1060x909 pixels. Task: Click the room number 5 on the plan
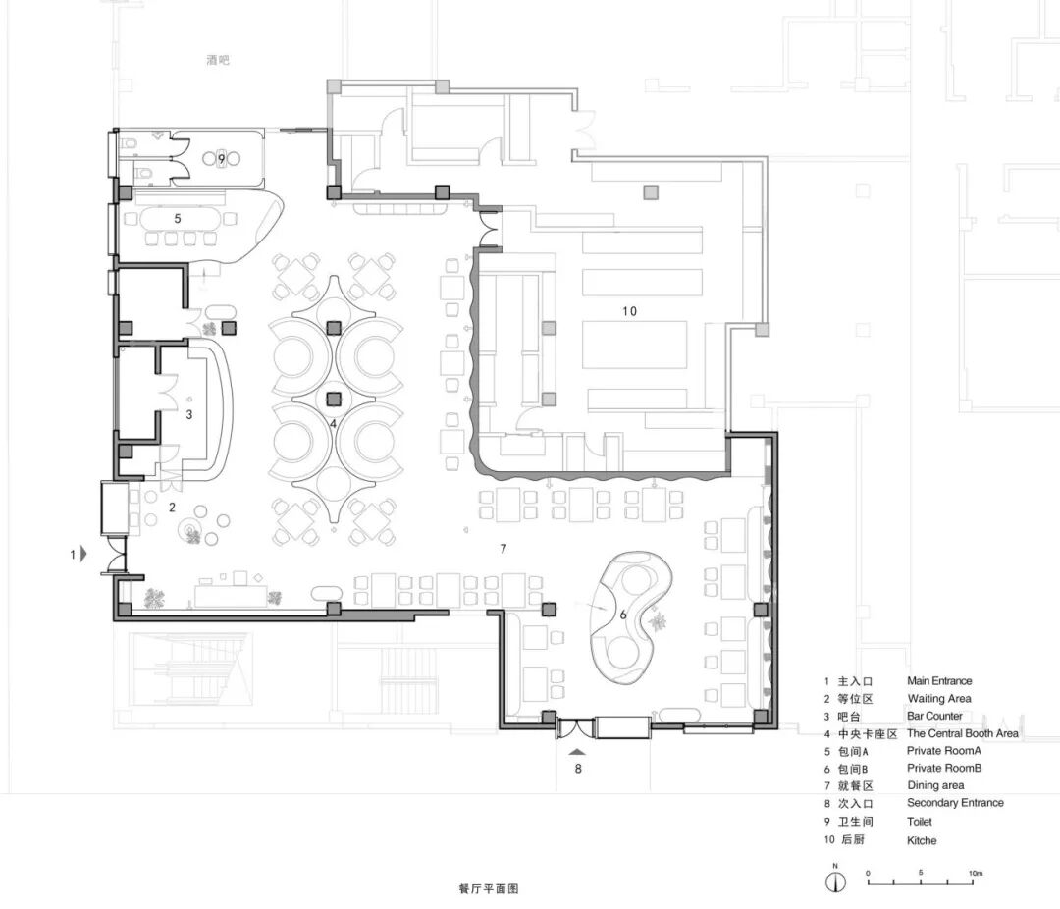[178, 219]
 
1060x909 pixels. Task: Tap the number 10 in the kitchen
[629, 311]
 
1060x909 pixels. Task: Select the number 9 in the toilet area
[221, 159]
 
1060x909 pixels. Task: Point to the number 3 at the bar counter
[189, 414]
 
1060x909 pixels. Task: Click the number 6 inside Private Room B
[623, 615]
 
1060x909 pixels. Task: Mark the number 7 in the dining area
[503, 549]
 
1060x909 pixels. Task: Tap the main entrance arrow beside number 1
[83, 554]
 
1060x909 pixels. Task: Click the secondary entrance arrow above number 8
[577, 751]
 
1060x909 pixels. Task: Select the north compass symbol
[836, 881]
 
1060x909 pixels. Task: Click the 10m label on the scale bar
[975, 873]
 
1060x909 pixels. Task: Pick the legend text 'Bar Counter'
[934, 716]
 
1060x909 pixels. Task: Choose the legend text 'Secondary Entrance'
[955, 803]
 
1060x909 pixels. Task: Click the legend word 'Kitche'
[922, 840]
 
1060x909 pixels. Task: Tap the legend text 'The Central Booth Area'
[962, 733]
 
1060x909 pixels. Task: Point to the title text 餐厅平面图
[488, 888]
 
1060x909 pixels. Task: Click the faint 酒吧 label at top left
[218, 60]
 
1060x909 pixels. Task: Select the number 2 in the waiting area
[173, 508]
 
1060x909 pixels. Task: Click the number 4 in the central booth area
[333, 424]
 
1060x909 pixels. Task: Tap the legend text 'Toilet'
[920, 822]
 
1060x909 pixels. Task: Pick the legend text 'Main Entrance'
[939, 681]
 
